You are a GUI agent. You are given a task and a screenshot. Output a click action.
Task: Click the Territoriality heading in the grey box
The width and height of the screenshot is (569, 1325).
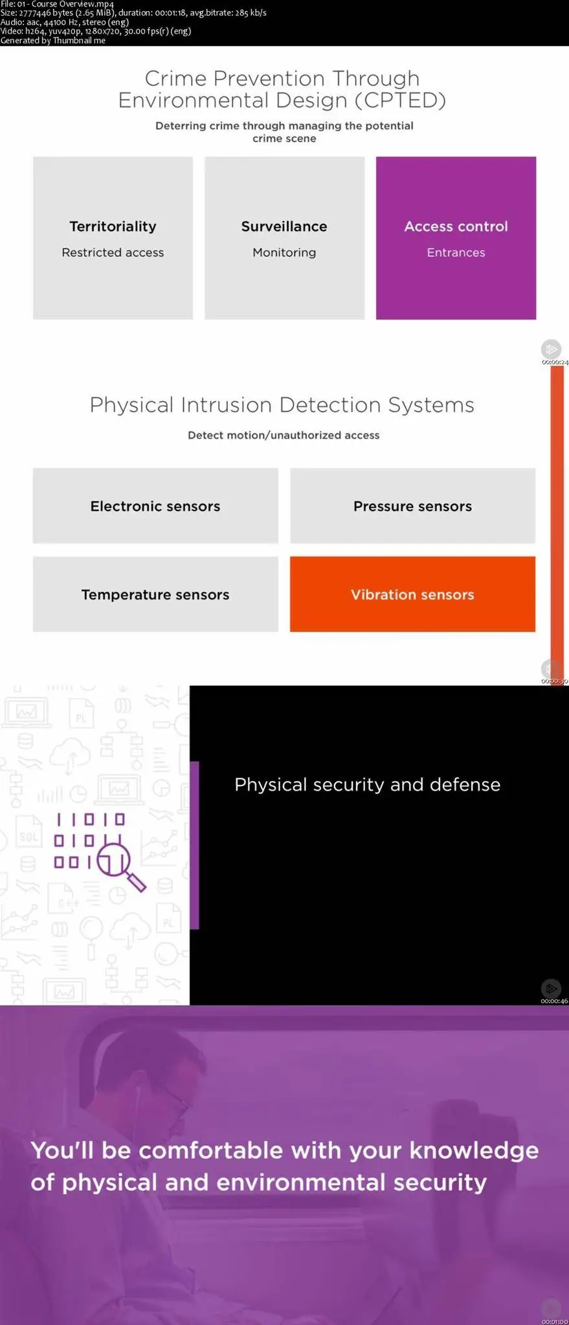click(x=113, y=226)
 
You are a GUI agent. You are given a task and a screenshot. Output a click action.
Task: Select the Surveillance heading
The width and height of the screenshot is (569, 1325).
click(x=284, y=226)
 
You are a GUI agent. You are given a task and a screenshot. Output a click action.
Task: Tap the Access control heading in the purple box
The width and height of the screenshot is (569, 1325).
click(x=456, y=226)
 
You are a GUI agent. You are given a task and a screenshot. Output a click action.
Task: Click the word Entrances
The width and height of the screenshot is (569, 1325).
click(x=456, y=253)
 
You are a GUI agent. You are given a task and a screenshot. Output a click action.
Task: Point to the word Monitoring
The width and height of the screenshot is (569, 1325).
click(x=284, y=253)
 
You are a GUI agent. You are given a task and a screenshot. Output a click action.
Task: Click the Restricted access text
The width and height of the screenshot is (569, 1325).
click(x=113, y=253)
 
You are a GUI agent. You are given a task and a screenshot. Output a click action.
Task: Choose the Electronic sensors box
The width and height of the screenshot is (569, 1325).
click(x=155, y=506)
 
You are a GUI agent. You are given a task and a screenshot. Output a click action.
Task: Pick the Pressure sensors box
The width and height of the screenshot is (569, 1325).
click(x=412, y=506)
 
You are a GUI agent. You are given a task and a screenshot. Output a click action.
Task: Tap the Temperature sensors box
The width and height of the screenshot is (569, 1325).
click(x=155, y=595)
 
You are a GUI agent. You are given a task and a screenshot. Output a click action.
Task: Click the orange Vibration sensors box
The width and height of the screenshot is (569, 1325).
click(x=412, y=595)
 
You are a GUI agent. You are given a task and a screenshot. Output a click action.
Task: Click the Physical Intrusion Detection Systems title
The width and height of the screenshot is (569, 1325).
click(x=282, y=405)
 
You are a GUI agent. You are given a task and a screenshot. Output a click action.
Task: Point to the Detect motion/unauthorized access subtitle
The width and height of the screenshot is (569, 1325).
click(x=284, y=435)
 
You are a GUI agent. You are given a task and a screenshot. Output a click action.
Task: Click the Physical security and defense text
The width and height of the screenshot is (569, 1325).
click(x=367, y=785)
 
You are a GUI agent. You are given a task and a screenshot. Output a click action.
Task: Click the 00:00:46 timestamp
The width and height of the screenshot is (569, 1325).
click(x=554, y=1001)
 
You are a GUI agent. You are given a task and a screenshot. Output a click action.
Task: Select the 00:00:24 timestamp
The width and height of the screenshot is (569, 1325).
click(x=555, y=362)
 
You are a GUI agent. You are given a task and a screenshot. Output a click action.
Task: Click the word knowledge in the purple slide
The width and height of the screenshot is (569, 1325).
click(x=474, y=1150)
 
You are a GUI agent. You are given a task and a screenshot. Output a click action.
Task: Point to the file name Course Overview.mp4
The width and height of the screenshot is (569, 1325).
click(x=65, y=4)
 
